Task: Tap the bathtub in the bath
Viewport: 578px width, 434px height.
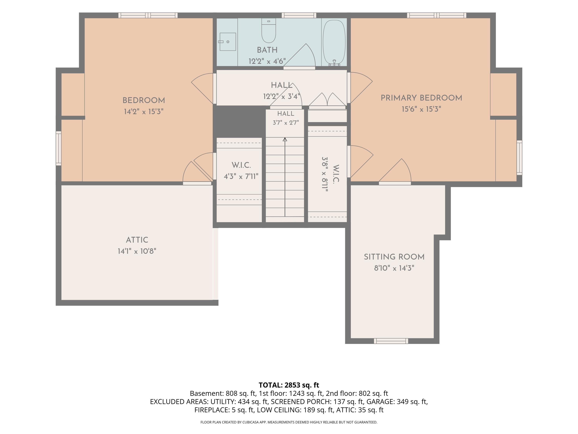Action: [x=334, y=43]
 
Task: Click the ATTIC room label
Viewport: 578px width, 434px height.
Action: [x=137, y=240]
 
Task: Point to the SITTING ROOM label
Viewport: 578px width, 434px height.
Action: [x=394, y=257]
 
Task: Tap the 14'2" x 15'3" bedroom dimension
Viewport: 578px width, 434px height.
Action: [x=144, y=112]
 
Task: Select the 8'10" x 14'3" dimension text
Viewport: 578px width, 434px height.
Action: [x=394, y=268]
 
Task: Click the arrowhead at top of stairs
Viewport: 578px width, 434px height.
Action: [x=285, y=140]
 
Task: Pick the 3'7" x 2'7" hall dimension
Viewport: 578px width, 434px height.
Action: [x=286, y=123]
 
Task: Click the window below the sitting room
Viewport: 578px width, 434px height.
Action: [x=391, y=341]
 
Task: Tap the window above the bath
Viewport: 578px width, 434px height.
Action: [x=299, y=15]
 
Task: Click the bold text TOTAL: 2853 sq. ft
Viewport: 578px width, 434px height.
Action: [x=289, y=385]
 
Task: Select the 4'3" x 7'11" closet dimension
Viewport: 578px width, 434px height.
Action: [x=241, y=176]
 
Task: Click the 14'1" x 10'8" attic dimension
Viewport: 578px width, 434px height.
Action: [x=137, y=251]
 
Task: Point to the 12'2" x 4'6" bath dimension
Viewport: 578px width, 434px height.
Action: [x=267, y=61]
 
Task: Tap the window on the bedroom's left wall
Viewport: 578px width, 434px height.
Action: [x=59, y=148]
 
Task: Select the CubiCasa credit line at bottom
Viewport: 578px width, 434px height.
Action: [x=289, y=422]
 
